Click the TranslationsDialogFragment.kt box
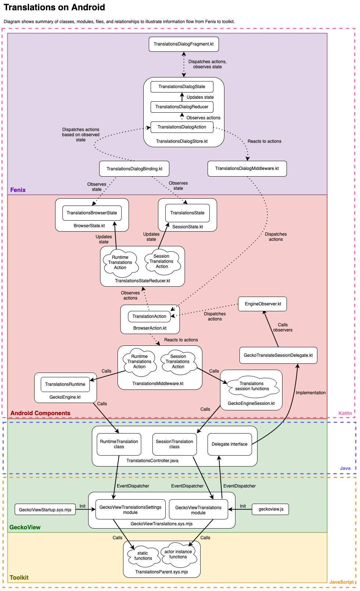click(x=184, y=44)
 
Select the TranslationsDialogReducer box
click(x=182, y=107)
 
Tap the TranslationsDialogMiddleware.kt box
click(x=247, y=168)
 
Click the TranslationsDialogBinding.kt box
click(x=134, y=169)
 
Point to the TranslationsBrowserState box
click(x=92, y=213)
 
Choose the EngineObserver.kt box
click(x=263, y=304)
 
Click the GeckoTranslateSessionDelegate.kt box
click(x=278, y=355)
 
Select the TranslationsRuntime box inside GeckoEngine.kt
click(x=65, y=384)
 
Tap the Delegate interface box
click(x=230, y=444)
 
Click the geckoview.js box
click(x=271, y=509)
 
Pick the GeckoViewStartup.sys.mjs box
click(x=45, y=510)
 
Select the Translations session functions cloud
click(x=252, y=386)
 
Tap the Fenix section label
click(x=18, y=190)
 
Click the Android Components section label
click(x=40, y=413)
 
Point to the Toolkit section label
click(x=19, y=577)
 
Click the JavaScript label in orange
click(x=341, y=582)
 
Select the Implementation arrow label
click(x=311, y=393)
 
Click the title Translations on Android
click(x=54, y=7)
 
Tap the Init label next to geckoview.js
click(x=243, y=506)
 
